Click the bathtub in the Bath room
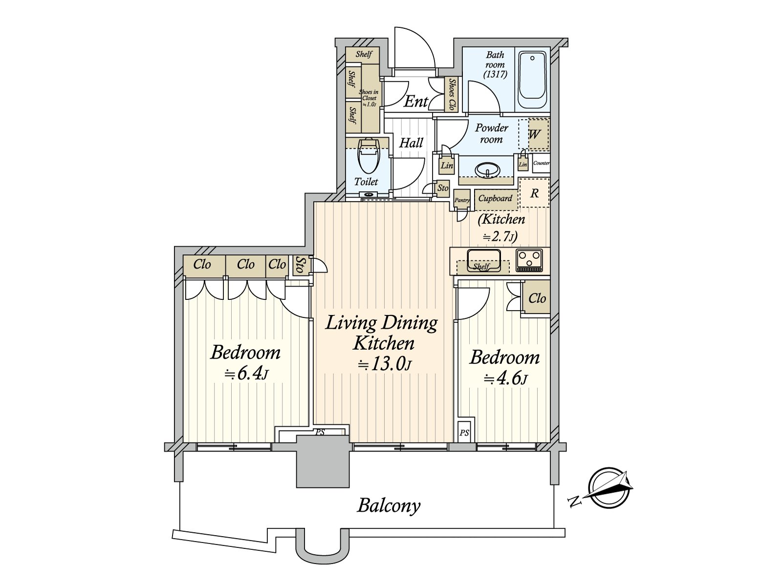coord(533,80)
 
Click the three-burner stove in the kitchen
coord(529,260)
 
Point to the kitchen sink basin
coord(484,260)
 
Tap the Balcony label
coord(389,506)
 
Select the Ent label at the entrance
coord(415,102)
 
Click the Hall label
coord(411,143)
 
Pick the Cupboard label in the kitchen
coord(495,198)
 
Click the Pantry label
coord(462,200)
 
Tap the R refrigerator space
coord(534,193)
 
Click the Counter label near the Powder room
coord(541,163)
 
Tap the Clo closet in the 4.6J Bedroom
coord(537,298)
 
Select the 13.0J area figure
coord(386,364)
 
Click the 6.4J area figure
coord(245,374)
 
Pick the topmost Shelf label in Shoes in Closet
coord(364,54)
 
